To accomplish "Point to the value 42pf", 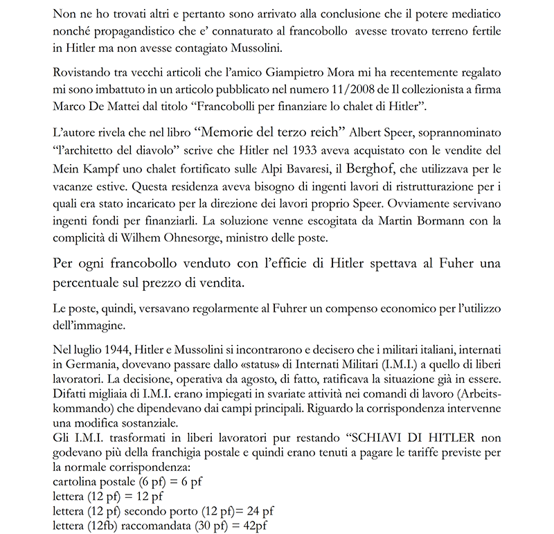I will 253,526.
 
